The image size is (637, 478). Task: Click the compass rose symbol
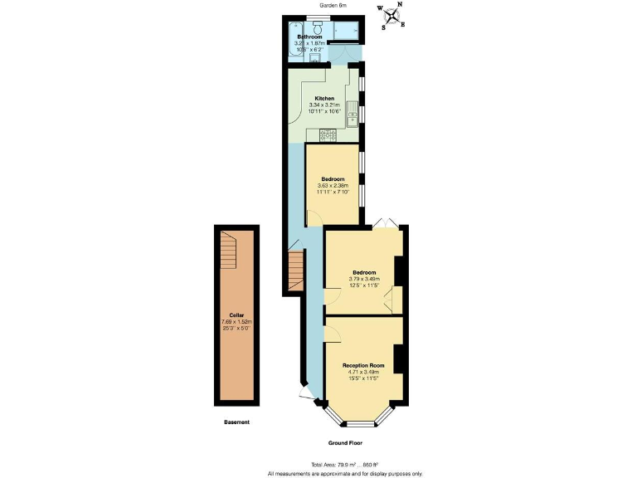tap(392, 16)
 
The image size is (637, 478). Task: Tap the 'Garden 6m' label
tap(334, 5)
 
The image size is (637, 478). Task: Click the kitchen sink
tap(352, 111)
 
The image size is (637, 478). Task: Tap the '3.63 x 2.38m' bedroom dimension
tap(333, 185)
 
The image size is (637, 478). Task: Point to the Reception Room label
tap(363, 365)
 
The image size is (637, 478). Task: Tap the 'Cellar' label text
tap(236, 315)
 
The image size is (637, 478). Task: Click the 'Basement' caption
tap(236, 422)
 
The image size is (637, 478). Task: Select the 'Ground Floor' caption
tap(346, 443)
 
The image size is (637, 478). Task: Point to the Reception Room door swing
tap(332, 333)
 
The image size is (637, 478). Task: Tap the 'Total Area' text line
tap(344, 464)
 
